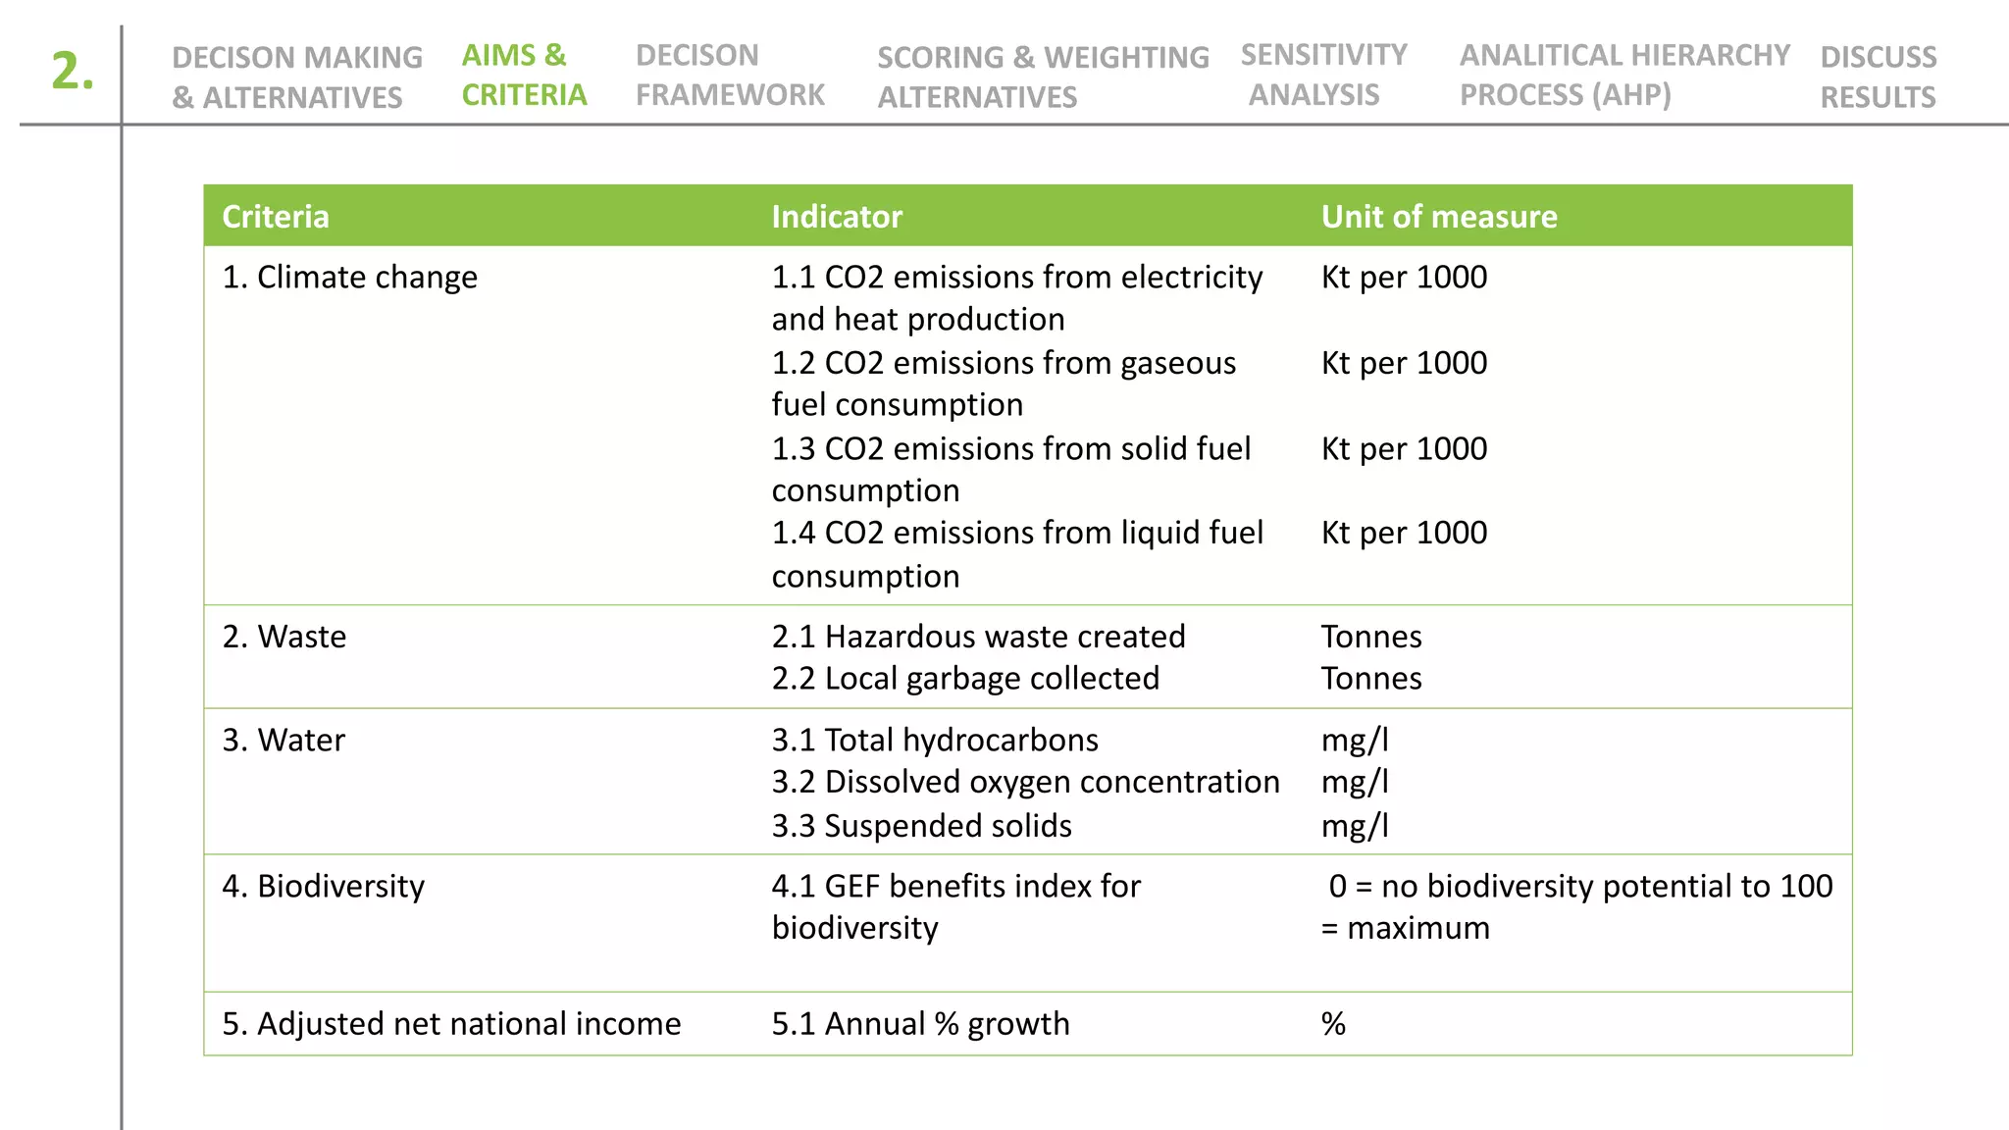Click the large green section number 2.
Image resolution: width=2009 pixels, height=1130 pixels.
click(x=73, y=72)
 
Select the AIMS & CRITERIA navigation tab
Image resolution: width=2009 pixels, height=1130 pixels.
click(x=524, y=75)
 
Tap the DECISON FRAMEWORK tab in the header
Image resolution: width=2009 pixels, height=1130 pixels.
click(x=730, y=75)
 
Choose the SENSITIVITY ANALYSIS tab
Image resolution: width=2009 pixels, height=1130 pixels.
click(x=1322, y=75)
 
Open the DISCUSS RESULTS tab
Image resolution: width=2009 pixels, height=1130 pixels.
click(x=1878, y=77)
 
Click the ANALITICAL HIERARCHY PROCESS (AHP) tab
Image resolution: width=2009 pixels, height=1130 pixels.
click(x=1623, y=75)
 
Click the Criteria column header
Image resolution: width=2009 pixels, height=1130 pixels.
click(x=276, y=217)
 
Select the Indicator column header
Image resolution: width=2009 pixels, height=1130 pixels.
click(x=836, y=217)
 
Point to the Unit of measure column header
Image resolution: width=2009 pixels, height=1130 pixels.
click(x=1438, y=217)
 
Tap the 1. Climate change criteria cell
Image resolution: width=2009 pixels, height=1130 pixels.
click(x=349, y=278)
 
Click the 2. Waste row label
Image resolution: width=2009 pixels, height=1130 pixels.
click(x=283, y=637)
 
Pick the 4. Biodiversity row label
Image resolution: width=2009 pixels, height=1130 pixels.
click(x=323, y=886)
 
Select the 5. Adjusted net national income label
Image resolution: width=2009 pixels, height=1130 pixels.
click(x=451, y=1023)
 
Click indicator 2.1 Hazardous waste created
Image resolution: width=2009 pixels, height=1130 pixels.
click(x=978, y=637)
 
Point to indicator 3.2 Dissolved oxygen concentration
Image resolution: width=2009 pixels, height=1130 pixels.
click(x=1025, y=782)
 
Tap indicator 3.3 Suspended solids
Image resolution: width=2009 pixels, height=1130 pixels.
click(x=921, y=826)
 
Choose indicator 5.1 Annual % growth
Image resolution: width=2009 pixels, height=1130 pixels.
click(x=920, y=1023)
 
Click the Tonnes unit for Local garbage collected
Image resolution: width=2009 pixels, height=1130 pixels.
click(x=1370, y=679)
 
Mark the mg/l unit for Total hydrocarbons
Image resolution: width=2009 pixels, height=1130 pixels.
click(x=1355, y=740)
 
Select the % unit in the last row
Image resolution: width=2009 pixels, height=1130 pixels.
click(x=1333, y=1023)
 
